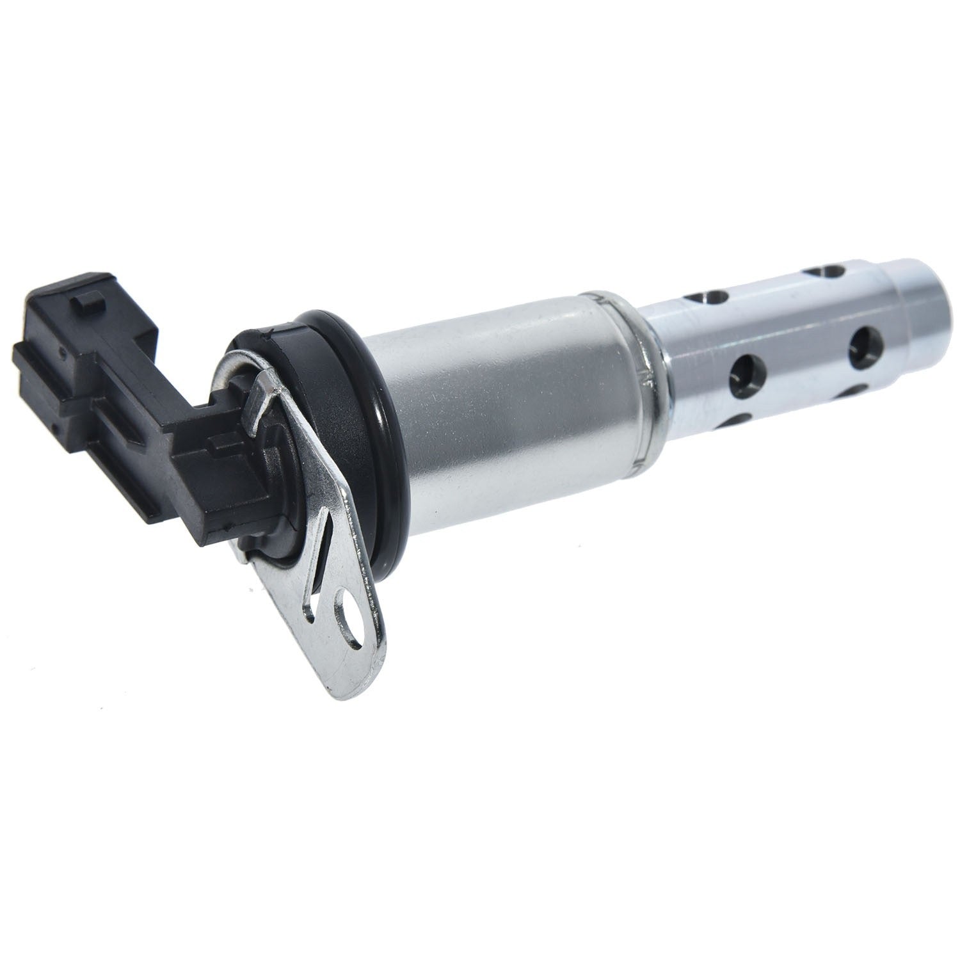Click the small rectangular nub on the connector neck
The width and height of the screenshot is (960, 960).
(221, 442)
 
